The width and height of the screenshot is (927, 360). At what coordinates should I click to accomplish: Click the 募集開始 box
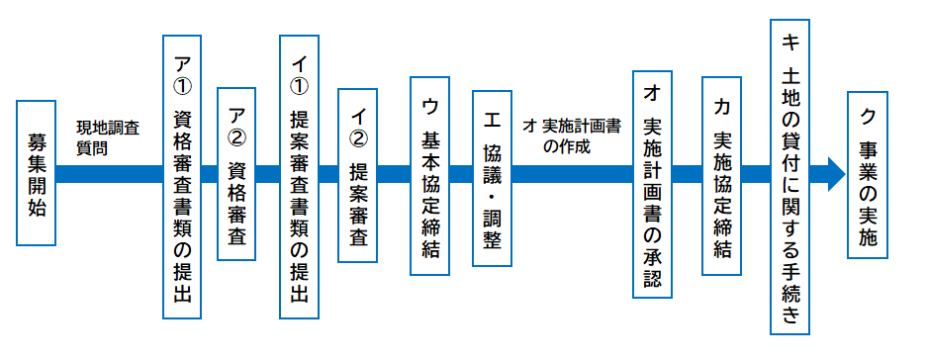[36, 174]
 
